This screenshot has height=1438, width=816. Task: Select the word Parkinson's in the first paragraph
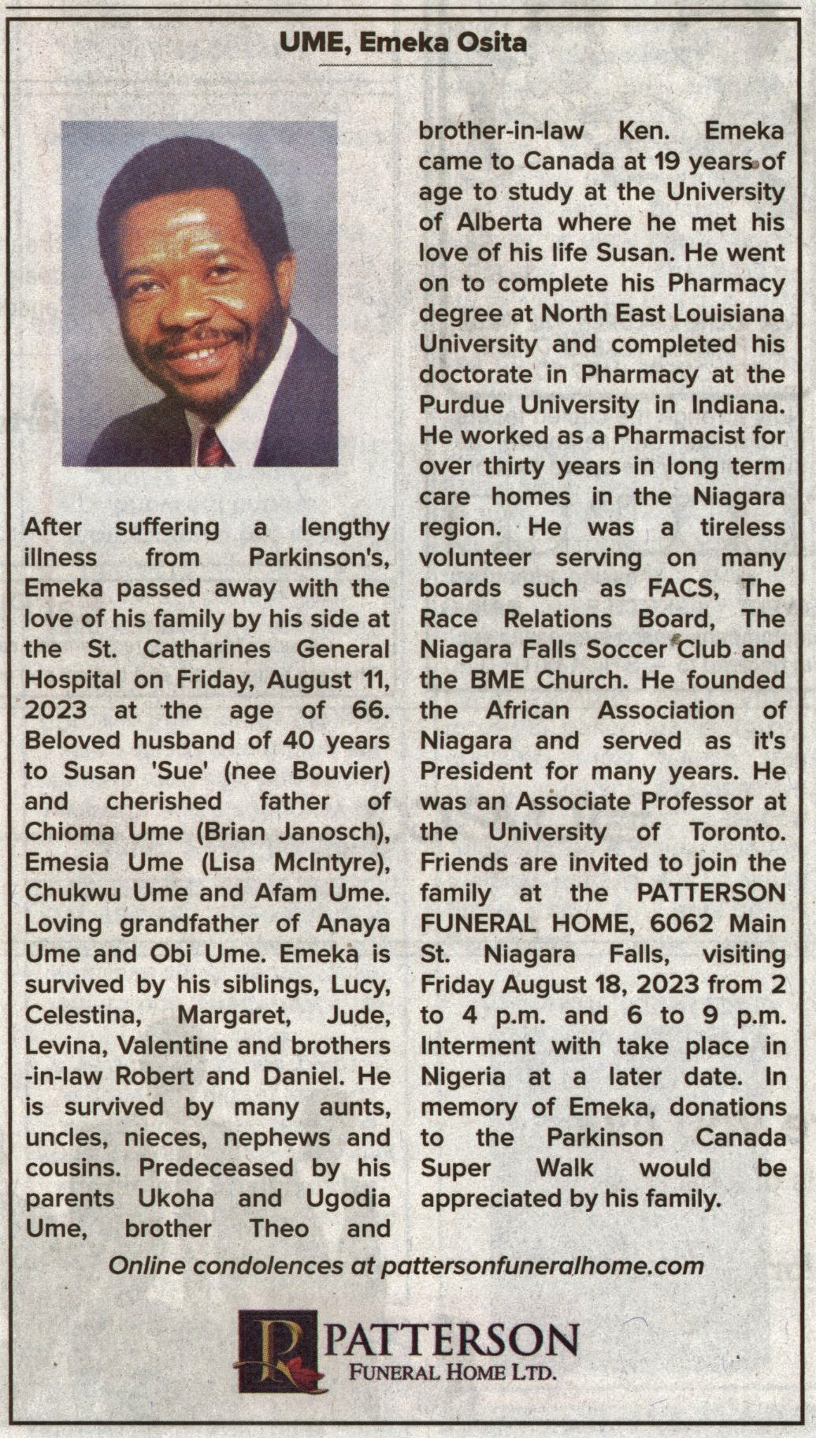(319, 558)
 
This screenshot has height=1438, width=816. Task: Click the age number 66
(368, 710)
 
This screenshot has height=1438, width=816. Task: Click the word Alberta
(503, 222)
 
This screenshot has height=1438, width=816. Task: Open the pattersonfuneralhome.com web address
(542, 1266)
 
